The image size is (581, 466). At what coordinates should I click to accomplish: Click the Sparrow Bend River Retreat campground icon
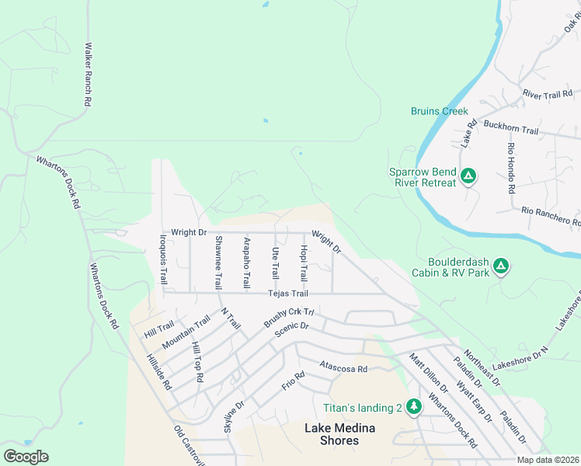pos(468,176)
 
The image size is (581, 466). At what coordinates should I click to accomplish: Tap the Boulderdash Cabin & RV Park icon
pos(502,266)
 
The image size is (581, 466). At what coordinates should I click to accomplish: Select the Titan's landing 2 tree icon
pos(414,405)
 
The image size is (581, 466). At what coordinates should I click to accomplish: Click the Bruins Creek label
pos(440,111)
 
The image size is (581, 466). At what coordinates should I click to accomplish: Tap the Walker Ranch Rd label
pos(89,75)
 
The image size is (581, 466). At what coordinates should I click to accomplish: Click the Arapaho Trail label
pos(246,263)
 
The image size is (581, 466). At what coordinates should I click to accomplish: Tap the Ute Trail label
pos(275,263)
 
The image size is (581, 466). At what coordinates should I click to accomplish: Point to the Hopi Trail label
pos(304,263)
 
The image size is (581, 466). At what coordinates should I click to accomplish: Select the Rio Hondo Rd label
pos(511,169)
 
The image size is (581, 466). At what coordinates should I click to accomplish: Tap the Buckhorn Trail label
pos(510,131)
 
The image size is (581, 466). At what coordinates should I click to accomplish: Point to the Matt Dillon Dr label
pos(429,373)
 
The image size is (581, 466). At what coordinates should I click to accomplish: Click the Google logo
pos(26,457)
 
